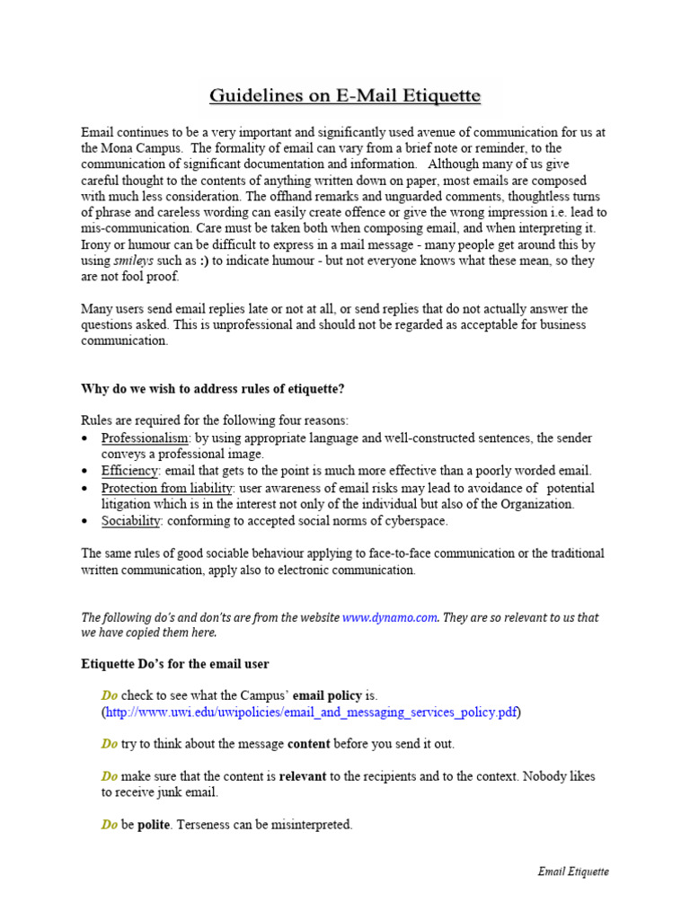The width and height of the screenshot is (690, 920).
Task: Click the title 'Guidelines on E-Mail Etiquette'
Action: coord(346,95)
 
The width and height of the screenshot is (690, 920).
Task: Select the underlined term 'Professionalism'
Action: coord(146,438)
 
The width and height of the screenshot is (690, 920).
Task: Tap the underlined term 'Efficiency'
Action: coord(130,471)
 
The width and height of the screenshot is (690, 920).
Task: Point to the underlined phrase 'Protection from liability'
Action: coord(167,488)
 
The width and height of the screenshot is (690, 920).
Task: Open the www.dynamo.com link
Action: coord(389,617)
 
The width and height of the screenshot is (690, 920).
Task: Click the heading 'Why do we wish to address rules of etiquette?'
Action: coord(213,389)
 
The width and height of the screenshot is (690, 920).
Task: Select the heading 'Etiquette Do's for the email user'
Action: coord(175,664)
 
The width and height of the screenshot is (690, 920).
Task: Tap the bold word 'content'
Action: coord(308,744)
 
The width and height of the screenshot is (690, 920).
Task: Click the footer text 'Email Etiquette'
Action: coord(573,871)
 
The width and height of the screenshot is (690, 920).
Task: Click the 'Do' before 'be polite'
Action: coord(110,824)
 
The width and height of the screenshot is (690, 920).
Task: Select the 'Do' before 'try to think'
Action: coord(110,744)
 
